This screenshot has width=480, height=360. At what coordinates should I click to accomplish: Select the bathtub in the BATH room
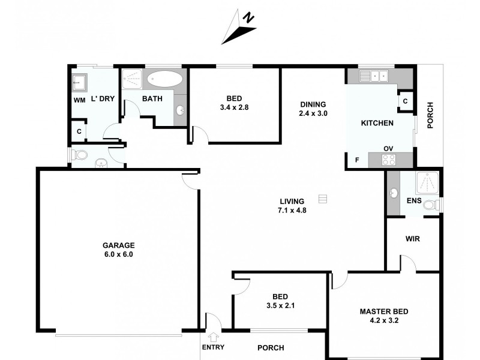tap(164, 79)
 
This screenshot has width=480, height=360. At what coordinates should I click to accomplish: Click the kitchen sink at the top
tap(374, 76)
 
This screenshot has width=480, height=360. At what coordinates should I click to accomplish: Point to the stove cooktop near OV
tap(389, 160)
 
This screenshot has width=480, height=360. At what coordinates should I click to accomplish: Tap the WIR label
tap(412, 238)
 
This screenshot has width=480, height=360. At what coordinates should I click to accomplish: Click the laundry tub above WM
tap(79, 82)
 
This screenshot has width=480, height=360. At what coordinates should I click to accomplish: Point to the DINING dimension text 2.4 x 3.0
tap(314, 113)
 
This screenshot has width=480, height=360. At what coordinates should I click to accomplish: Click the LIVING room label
tap(292, 201)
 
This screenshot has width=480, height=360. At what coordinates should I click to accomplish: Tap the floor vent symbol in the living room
tap(323, 199)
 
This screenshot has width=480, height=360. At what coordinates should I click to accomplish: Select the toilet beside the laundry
tap(79, 155)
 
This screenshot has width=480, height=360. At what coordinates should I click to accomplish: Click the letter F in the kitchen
tap(356, 160)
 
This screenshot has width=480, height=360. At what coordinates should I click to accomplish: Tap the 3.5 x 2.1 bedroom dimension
tap(280, 305)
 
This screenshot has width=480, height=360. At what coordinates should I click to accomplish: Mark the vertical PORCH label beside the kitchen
tap(430, 116)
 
